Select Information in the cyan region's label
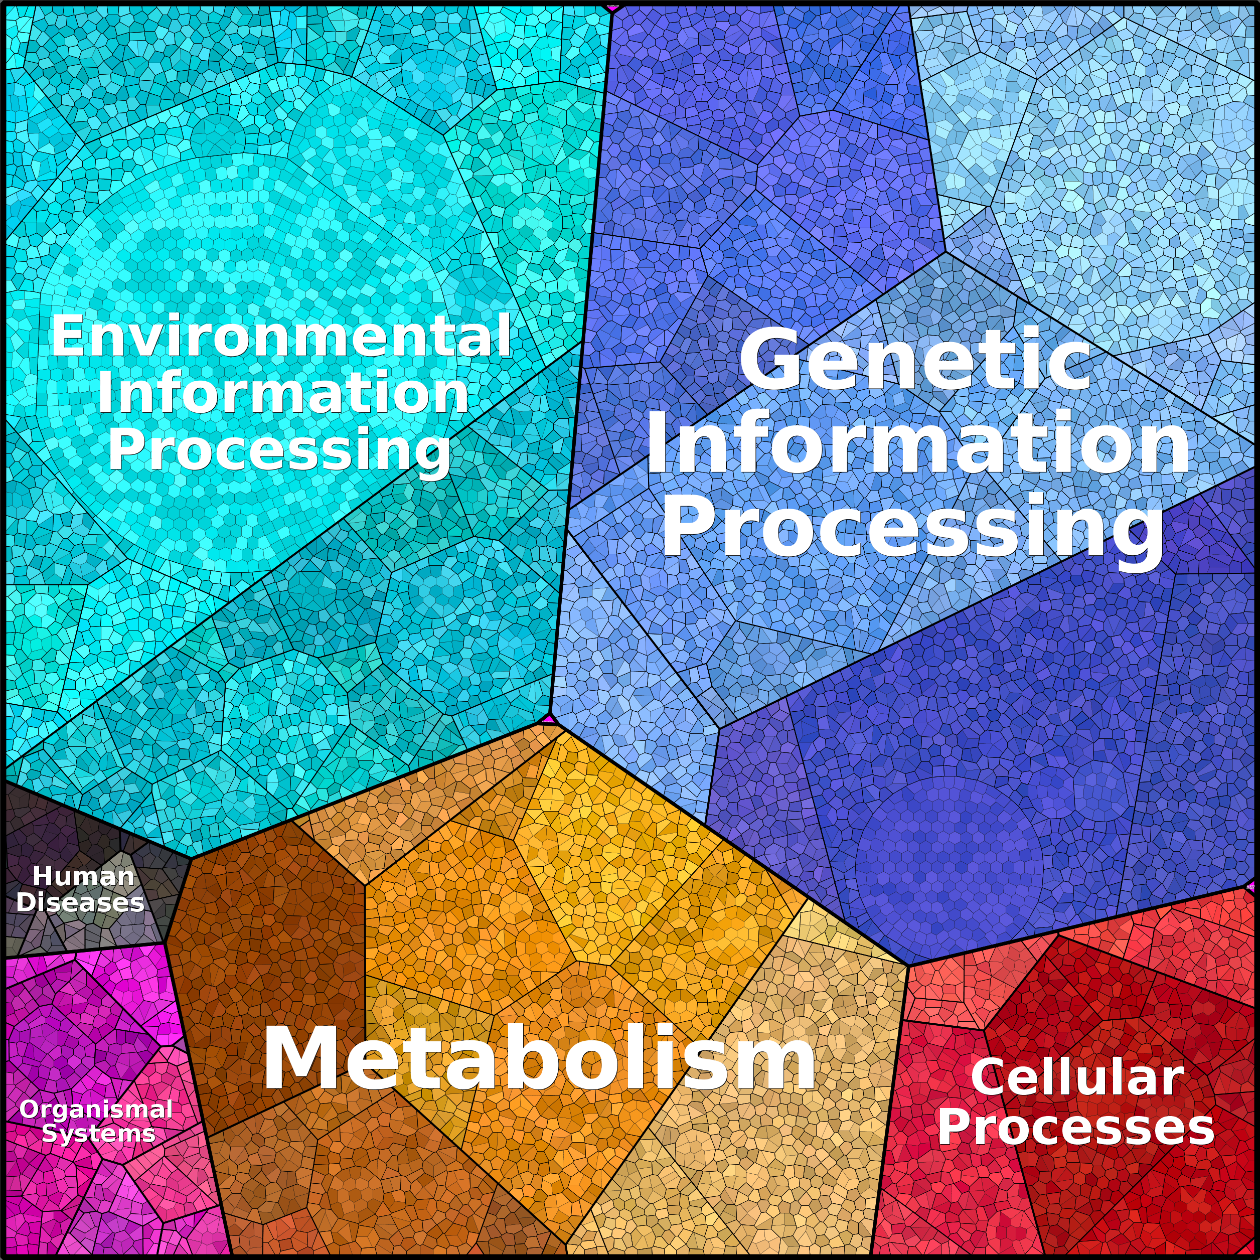click(x=283, y=393)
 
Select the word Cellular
click(x=1077, y=1077)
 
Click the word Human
click(x=83, y=876)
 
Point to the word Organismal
click(x=96, y=1110)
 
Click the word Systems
click(x=98, y=1134)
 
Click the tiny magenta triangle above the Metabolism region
click(x=548, y=719)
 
